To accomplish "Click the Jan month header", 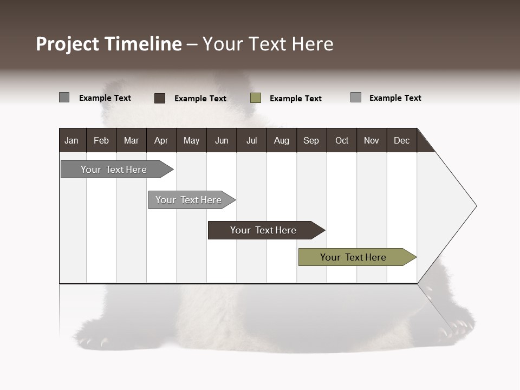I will click(x=71, y=140).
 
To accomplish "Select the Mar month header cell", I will click(x=131, y=140).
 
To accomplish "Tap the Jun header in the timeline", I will click(x=222, y=140).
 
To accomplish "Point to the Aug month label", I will click(x=281, y=140).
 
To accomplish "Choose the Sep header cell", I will click(x=311, y=140).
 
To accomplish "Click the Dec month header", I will click(x=401, y=140).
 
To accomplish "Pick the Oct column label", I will click(x=342, y=140).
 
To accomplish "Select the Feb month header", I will click(x=101, y=140).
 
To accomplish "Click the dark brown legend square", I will click(x=160, y=98).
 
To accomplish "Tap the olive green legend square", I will click(x=256, y=98).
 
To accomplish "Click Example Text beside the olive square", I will click(x=295, y=99).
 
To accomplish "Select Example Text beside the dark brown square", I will click(x=200, y=99).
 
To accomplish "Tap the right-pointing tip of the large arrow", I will click(x=475, y=206).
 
